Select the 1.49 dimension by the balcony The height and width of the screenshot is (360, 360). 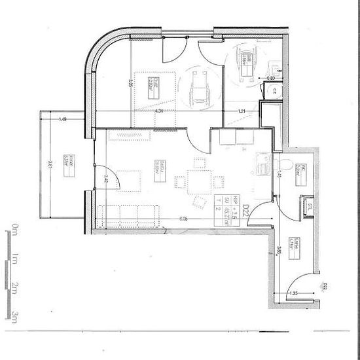click(x=63, y=119)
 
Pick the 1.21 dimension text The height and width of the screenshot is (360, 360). click(x=242, y=112)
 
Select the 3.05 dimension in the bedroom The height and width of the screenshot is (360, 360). click(x=131, y=83)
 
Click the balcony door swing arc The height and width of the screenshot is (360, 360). click(x=111, y=173)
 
